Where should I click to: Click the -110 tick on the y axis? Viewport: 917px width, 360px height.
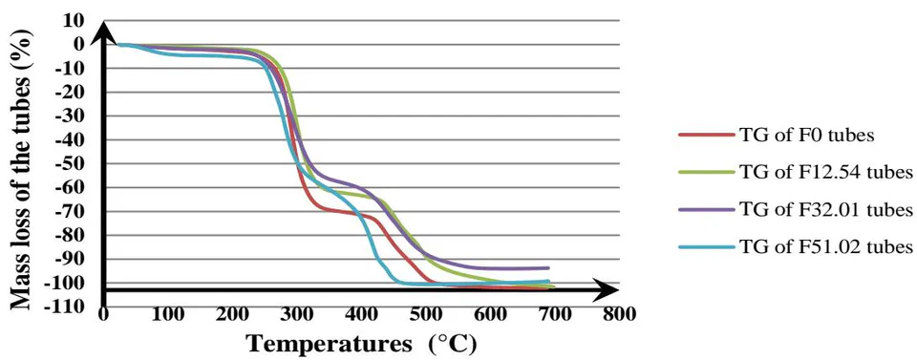(x=76, y=306)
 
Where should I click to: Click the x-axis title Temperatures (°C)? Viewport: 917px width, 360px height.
(x=360, y=345)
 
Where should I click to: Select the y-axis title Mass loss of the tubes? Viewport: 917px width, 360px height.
(x=21, y=169)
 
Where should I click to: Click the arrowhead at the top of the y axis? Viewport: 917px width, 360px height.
(x=103, y=31)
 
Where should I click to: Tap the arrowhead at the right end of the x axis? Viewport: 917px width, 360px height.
(x=607, y=290)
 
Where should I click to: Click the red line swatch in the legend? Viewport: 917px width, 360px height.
(x=707, y=135)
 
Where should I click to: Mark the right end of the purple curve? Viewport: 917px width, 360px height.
(x=548, y=267)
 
